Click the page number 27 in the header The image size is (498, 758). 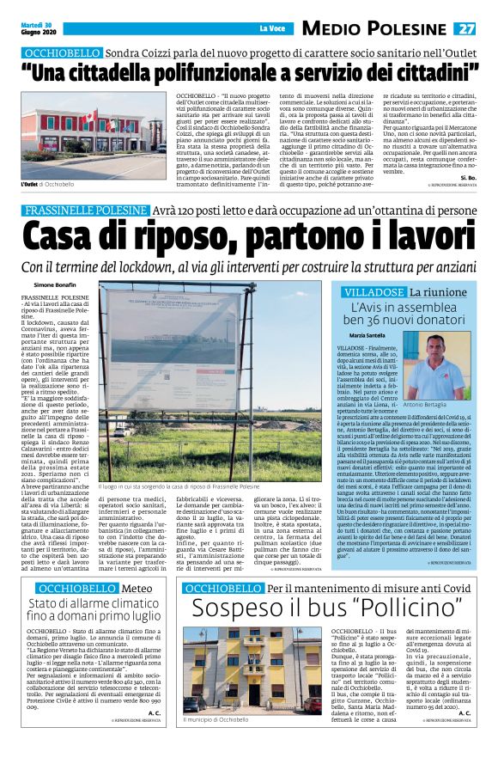[x=483, y=29]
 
